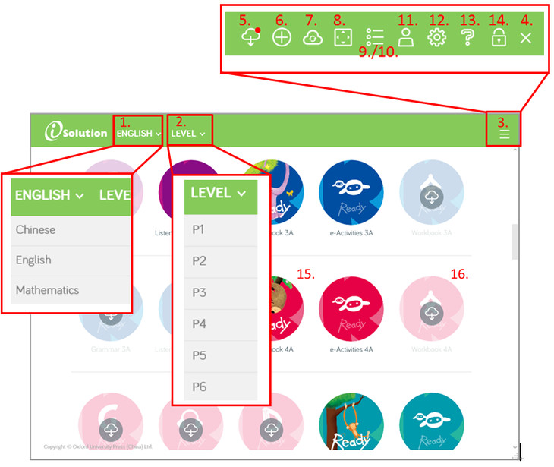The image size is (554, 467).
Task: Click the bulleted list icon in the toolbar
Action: tap(374, 38)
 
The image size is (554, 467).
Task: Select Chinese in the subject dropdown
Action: tap(36, 229)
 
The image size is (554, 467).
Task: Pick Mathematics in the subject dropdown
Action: tap(47, 290)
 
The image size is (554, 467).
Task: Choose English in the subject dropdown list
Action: tap(33, 260)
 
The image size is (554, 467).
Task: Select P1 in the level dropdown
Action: tap(198, 229)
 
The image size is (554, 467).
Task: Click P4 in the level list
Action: tap(199, 323)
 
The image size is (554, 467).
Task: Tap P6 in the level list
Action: tap(199, 387)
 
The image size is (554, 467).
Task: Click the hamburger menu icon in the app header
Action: tap(505, 135)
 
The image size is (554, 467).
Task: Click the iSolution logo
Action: tap(76, 133)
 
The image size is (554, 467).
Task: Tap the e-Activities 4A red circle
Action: tap(351, 309)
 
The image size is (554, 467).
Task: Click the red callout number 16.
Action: tap(459, 273)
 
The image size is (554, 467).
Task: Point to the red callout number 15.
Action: tap(306, 273)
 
